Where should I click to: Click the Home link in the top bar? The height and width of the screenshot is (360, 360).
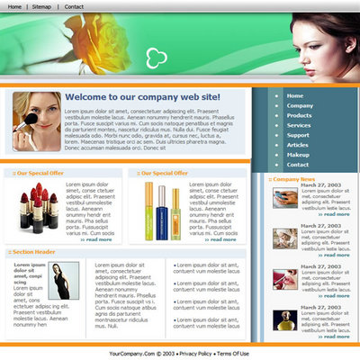pyautogui.click(x=14, y=6)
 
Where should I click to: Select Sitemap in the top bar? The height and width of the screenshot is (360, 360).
pyautogui.click(x=41, y=6)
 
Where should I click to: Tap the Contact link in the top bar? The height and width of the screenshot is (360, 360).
pyautogui.click(x=74, y=6)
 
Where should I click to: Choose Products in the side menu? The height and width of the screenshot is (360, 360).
pyautogui.click(x=299, y=115)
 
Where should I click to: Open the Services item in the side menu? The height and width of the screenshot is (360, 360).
pyautogui.click(x=299, y=125)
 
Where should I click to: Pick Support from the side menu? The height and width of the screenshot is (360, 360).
pyautogui.click(x=297, y=135)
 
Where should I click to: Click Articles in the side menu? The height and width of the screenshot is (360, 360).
pyautogui.click(x=297, y=145)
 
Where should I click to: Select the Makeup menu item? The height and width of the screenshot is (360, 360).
pyautogui.click(x=298, y=155)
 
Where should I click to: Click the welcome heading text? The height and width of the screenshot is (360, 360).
pyautogui.click(x=141, y=97)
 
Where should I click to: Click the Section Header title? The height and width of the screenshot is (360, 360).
pyautogui.click(x=37, y=252)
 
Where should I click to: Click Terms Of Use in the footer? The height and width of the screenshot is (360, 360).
pyautogui.click(x=233, y=354)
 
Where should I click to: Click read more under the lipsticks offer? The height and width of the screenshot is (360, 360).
pyautogui.click(x=96, y=239)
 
